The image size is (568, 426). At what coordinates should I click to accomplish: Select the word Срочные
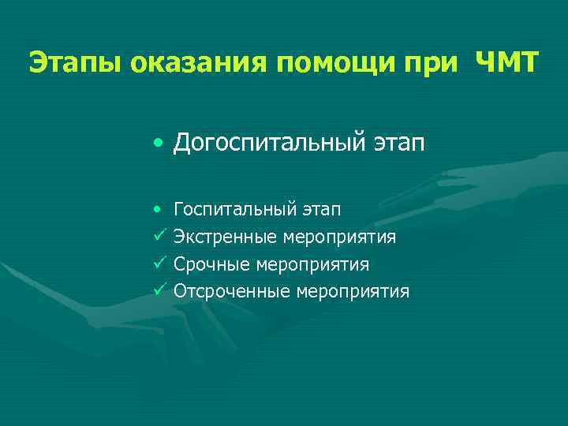click(209, 264)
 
